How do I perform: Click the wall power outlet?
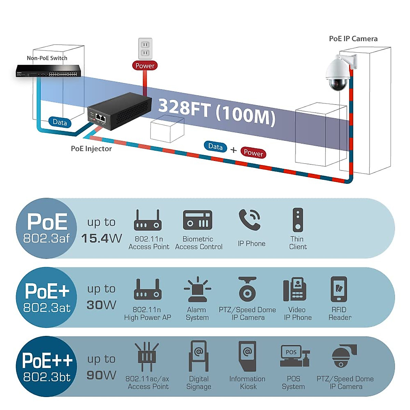click(x=145, y=49)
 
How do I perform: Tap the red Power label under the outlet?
click(x=145, y=66)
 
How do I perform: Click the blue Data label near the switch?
click(x=60, y=122)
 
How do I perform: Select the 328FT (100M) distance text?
click(x=217, y=111)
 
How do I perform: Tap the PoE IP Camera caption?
click(x=353, y=39)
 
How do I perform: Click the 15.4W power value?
click(x=101, y=238)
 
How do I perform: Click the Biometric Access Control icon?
click(x=197, y=220)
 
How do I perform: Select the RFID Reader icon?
click(x=339, y=289)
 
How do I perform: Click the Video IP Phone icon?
click(x=295, y=290)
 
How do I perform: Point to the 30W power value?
click(x=101, y=305)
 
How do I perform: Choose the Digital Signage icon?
click(x=199, y=356)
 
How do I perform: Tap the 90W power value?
click(x=101, y=375)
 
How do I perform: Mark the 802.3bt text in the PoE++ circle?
click(x=47, y=377)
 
